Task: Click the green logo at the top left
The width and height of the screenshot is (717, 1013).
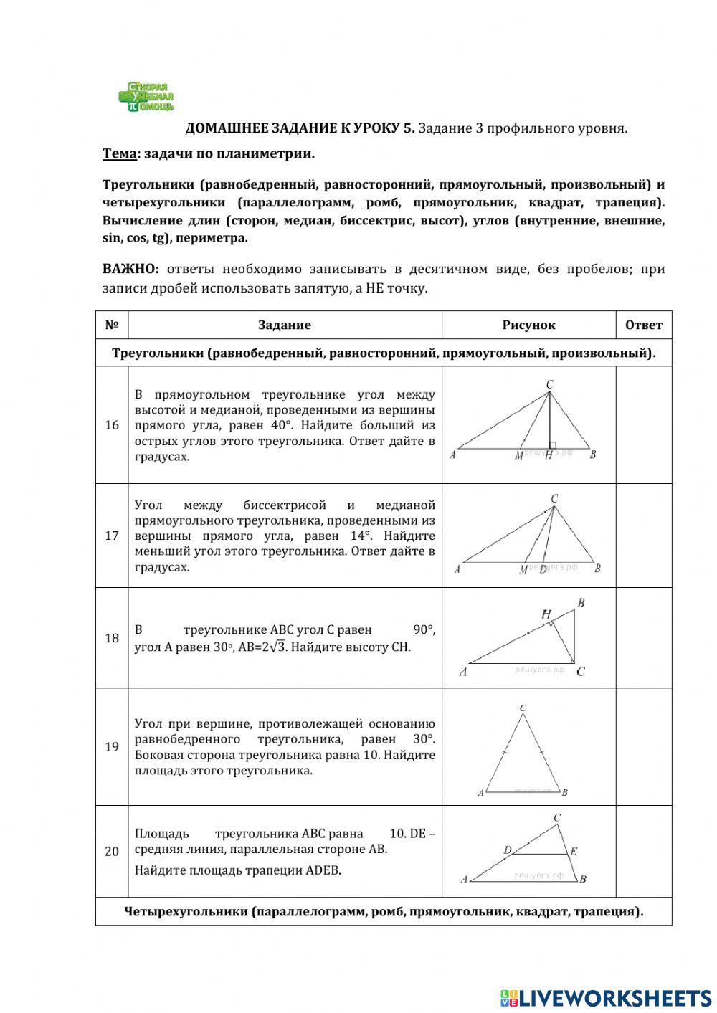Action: pyautogui.click(x=146, y=97)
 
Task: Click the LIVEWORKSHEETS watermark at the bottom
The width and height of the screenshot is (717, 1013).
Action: pyautogui.click(x=606, y=997)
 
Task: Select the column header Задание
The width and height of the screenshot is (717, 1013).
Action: pyautogui.click(x=285, y=325)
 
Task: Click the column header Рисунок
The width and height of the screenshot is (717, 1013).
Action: pyautogui.click(x=528, y=325)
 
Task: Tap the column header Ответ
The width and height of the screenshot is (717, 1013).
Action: pyautogui.click(x=643, y=325)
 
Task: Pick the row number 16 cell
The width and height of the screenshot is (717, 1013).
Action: pyautogui.click(x=112, y=425)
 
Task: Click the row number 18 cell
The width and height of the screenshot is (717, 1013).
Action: pyautogui.click(x=112, y=638)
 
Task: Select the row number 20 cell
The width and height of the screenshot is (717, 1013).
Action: pyautogui.click(x=112, y=851)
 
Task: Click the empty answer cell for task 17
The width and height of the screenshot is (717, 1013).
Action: pyautogui.click(x=643, y=536)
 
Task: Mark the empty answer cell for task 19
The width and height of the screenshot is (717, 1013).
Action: pyautogui.click(x=643, y=746)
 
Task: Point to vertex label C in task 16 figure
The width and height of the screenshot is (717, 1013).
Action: pyautogui.click(x=549, y=385)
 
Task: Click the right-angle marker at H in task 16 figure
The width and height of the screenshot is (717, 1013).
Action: pyautogui.click(x=552, y=445)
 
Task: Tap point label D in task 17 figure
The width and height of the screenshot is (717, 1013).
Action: pyautogui.click(x=543, y=569)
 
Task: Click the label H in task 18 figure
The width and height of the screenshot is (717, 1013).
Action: pyautogui.click(x=546, y=614)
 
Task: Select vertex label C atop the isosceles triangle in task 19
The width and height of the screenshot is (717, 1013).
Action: pyautogui.click(x=523, y=708)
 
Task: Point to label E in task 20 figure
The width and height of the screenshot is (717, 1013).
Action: pyautogui.click(x=574, y=852)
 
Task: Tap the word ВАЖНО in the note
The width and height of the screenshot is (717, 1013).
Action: pyautogui.click(x=130, y=269)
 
